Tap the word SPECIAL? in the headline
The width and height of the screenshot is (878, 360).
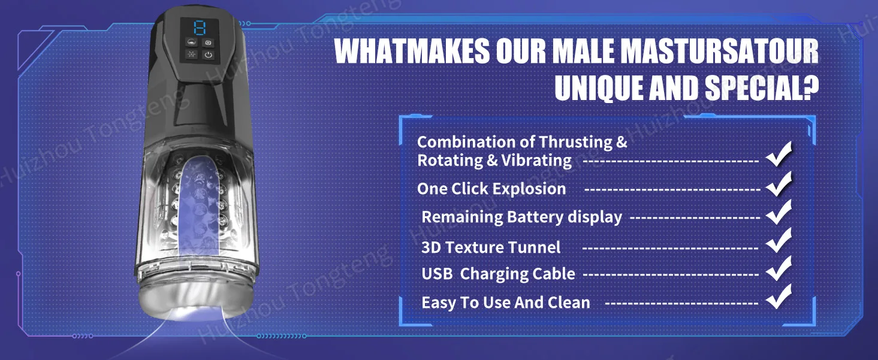click(x=762, y=87)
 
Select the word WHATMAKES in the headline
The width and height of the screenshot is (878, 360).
click(x=412, y=51)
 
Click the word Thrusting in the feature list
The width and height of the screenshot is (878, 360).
click(x=575, y=143)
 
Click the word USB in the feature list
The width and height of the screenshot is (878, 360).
click(x=437, y=274)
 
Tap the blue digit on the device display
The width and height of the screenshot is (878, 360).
click(x=200, y=28)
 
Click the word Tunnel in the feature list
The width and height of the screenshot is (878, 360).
click(x=534, y=247)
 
